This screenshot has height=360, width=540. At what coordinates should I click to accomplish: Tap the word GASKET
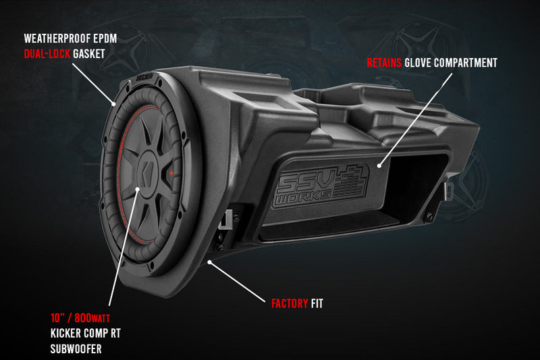(x=91, y=52)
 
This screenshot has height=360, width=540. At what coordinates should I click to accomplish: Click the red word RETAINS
(x=384, y=63)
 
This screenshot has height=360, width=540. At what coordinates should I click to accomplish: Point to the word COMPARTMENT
(x=466, y=63)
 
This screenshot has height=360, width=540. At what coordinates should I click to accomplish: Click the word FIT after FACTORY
(x=317, y=304)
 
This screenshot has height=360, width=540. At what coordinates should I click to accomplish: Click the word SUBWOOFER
(x=76, y=349)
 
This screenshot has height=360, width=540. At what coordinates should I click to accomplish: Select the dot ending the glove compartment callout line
(x=379, y=163)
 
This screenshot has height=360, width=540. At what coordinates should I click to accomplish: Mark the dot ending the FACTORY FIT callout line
(x=211, y=260)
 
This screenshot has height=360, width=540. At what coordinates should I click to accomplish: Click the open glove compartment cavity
(x=418, y=189)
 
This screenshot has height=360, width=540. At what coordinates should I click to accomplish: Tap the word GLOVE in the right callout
(x=419, y=63)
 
